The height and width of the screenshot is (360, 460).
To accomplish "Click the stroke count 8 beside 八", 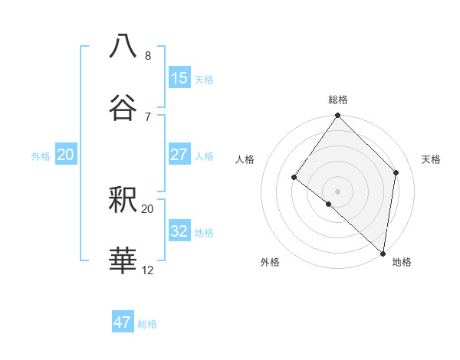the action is (148, 56).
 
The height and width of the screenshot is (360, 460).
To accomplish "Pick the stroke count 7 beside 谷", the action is (148, 116).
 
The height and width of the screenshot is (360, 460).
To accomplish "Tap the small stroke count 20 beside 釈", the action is (148, 209).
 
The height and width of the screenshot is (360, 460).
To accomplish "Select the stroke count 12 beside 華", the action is (148, 271).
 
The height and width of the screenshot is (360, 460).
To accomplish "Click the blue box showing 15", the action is (179, 78).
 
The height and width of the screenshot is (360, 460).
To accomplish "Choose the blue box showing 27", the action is (179, 155).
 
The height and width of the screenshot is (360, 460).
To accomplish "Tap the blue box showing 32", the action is (179, 231).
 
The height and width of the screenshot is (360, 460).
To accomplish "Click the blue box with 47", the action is (123, 322).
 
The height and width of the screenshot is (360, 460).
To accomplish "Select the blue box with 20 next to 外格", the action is (66, 155).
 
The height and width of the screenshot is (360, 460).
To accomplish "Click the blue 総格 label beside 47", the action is (147, 324).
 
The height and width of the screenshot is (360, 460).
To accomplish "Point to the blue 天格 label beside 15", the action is (204, 80).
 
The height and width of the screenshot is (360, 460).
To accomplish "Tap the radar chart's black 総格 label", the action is (338, 100).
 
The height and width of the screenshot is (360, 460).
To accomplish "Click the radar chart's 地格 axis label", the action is (402, 263).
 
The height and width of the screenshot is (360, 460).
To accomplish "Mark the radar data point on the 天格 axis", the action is (396, 172).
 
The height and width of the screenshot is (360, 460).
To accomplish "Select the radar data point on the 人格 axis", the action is (294, 177).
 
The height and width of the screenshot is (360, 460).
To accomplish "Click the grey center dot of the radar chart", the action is (338, 191).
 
